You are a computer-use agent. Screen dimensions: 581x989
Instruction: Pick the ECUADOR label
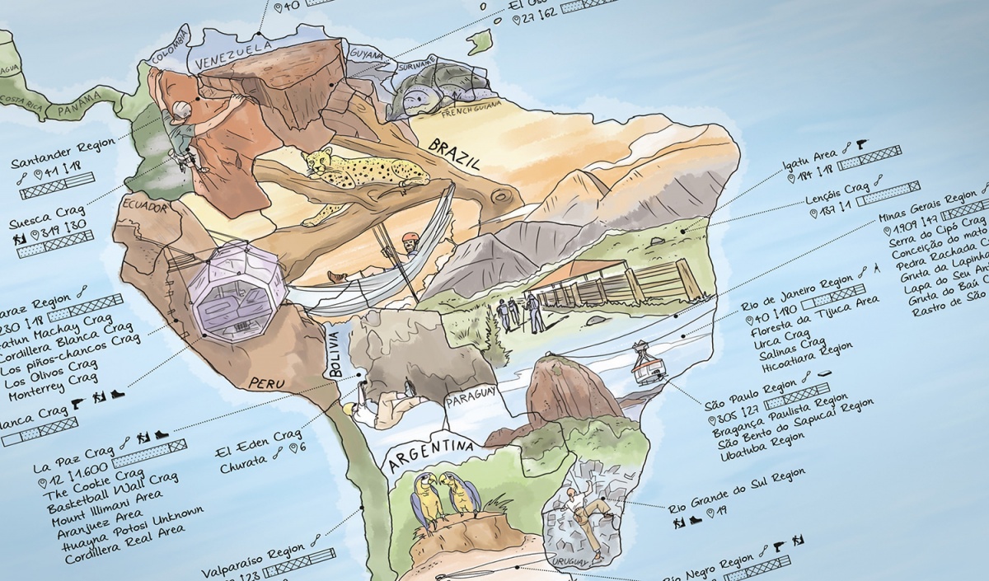tap(145, 206)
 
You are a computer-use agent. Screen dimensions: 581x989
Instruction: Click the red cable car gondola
tap(648, 365)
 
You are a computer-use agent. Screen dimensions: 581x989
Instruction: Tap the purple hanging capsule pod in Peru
tap(237, 280)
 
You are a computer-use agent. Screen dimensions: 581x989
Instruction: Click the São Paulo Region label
tap(751, 395)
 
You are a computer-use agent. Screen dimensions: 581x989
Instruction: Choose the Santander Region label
tap(63, 154)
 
